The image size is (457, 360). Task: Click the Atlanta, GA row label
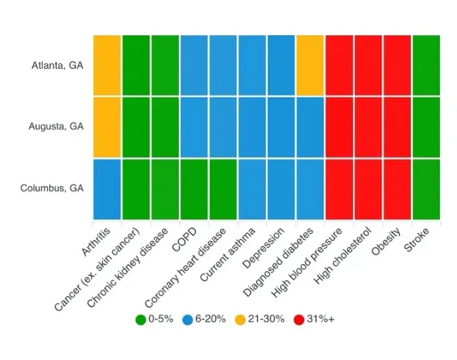pos(57,65)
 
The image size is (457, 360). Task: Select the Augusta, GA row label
pos(56,126)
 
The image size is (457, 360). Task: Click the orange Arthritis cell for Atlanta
pos(106,65)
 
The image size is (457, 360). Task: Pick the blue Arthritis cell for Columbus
pos(106,188)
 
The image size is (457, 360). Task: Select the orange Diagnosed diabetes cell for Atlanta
pos(310,65)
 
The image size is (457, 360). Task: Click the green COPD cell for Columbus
pos(194,188)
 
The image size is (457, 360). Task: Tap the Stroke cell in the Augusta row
pos(425,126)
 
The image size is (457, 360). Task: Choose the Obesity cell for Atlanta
pos(397,65)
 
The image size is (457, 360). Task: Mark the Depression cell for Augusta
pos(280,126)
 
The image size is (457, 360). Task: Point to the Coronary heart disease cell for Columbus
pos(222,188)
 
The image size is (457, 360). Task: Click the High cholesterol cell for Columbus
pos(368,188)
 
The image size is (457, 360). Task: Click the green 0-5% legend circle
pos(140,319)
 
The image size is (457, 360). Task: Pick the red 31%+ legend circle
pos(299,319)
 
